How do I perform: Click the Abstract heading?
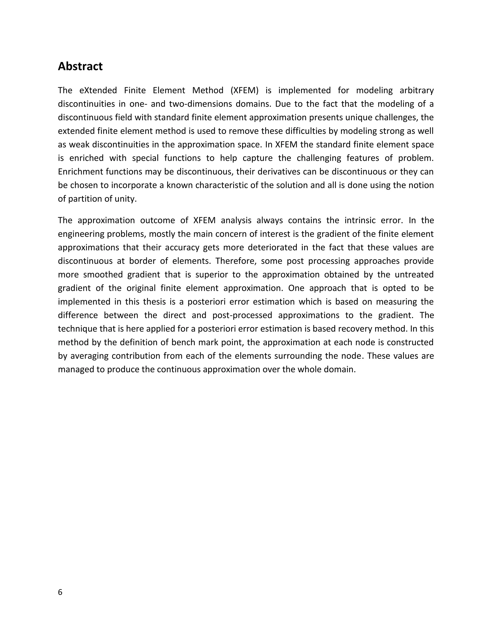(80, 67)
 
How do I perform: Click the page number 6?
(60, 592)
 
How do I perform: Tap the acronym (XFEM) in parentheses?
(244, 90)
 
